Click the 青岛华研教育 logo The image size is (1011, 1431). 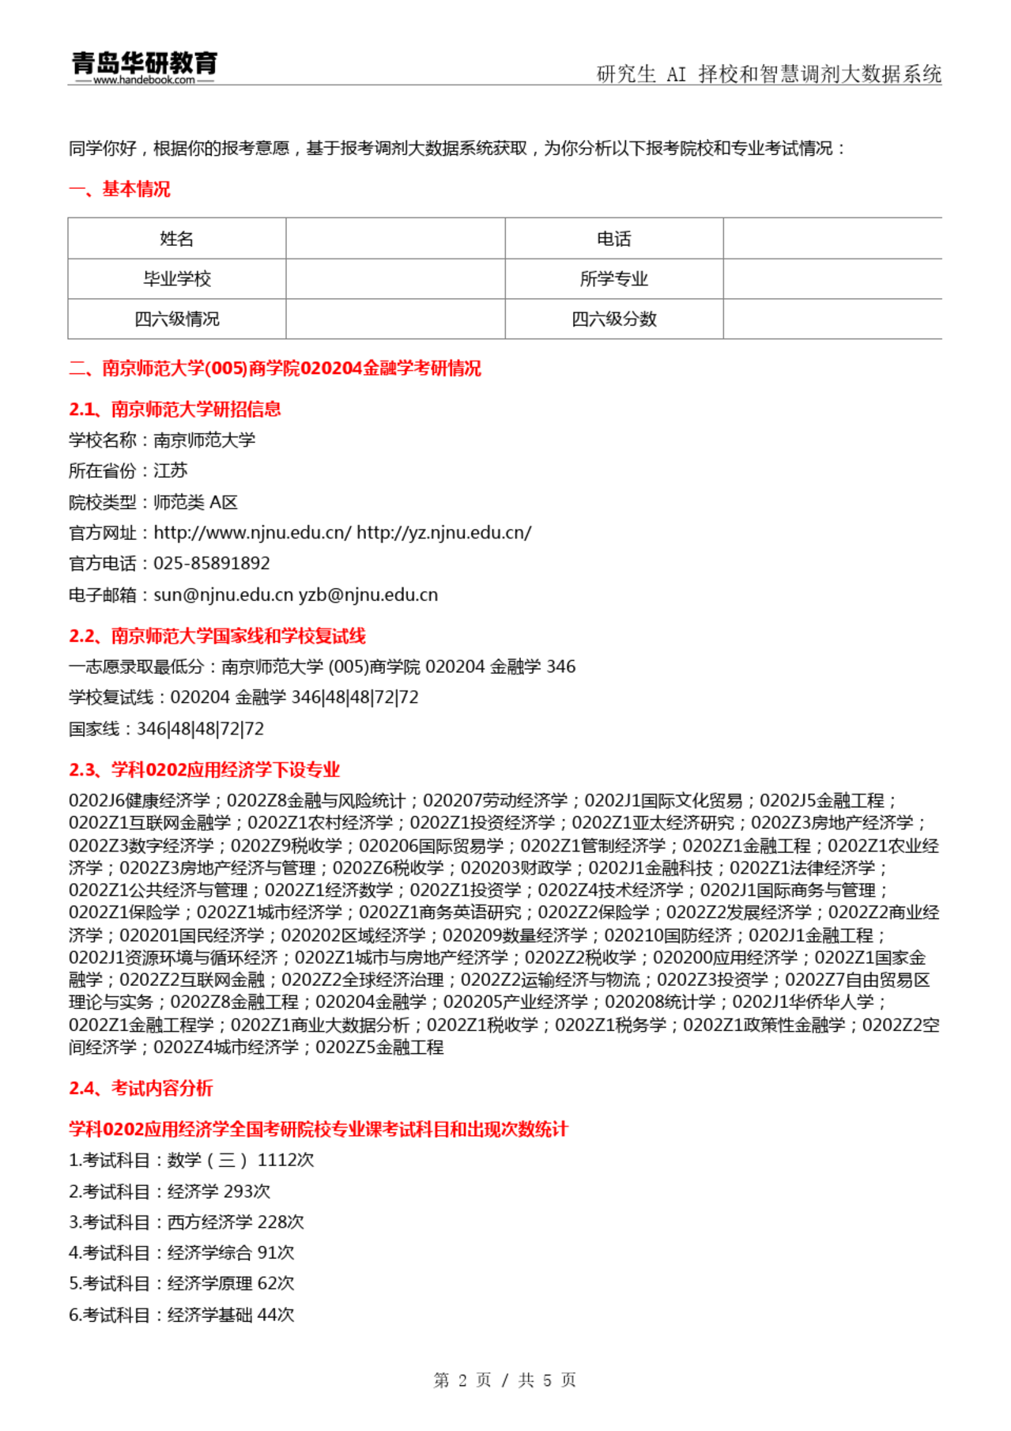click(144, 62)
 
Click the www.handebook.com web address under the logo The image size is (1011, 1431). click(144, 80)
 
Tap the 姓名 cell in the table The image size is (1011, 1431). click(176, 239)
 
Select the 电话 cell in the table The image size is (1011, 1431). click(613, 239)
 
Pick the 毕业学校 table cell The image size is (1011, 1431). click(176, 279)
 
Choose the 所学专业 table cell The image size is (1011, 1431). click(613, 279)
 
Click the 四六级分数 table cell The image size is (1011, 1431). click(613, 319)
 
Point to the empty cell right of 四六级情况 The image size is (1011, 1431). click(395, 319)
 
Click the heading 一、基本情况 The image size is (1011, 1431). click(119, 189)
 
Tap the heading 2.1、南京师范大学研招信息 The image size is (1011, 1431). click(175, 409)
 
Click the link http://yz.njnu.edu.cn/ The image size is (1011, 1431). click(443, 533)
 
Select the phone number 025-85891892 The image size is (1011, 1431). click(212, 564)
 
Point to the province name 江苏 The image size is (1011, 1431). click(171, 471)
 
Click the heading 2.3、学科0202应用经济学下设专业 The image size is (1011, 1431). click(204, 769)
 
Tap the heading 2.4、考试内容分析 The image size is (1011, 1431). click(141, 1088)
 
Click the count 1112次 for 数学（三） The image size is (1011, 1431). click(285, 1160)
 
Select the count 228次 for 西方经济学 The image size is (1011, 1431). click(281, 1221)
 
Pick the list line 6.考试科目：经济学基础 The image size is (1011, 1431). click(181, 1315)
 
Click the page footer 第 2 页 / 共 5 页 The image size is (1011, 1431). click(505, 1380)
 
